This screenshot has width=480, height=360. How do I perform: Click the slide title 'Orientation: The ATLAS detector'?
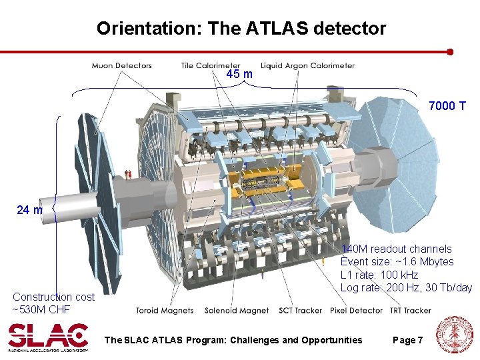tap(241, 28)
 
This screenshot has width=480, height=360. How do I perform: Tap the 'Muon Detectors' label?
tap(122, 65)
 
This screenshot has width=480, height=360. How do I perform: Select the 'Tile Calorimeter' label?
tap(211, 65)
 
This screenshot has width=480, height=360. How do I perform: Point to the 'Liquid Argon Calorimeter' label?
tap(307, 65)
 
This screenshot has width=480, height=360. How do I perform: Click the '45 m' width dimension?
tap(239, 74)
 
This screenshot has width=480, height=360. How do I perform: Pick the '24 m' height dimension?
tap(29, 211)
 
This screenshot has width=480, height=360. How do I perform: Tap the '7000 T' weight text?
tap(447, 106)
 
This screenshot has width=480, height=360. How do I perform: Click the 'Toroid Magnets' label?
tap(165, 311)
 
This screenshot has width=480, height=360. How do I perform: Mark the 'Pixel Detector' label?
tap(356, 311)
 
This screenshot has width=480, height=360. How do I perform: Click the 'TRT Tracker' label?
tap(409, 311)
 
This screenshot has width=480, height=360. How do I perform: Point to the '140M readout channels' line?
tap(396, 249)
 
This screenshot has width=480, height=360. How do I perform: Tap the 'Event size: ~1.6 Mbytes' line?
tap(397, 261)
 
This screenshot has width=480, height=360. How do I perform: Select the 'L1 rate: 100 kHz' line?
tap(379, 275)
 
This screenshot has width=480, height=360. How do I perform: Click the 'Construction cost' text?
tap(53, 297)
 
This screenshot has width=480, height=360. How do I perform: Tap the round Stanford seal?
tap(453, 335)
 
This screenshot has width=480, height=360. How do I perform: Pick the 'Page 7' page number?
tap(407, 340)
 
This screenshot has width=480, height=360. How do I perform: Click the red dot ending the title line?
tap(450, 51)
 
